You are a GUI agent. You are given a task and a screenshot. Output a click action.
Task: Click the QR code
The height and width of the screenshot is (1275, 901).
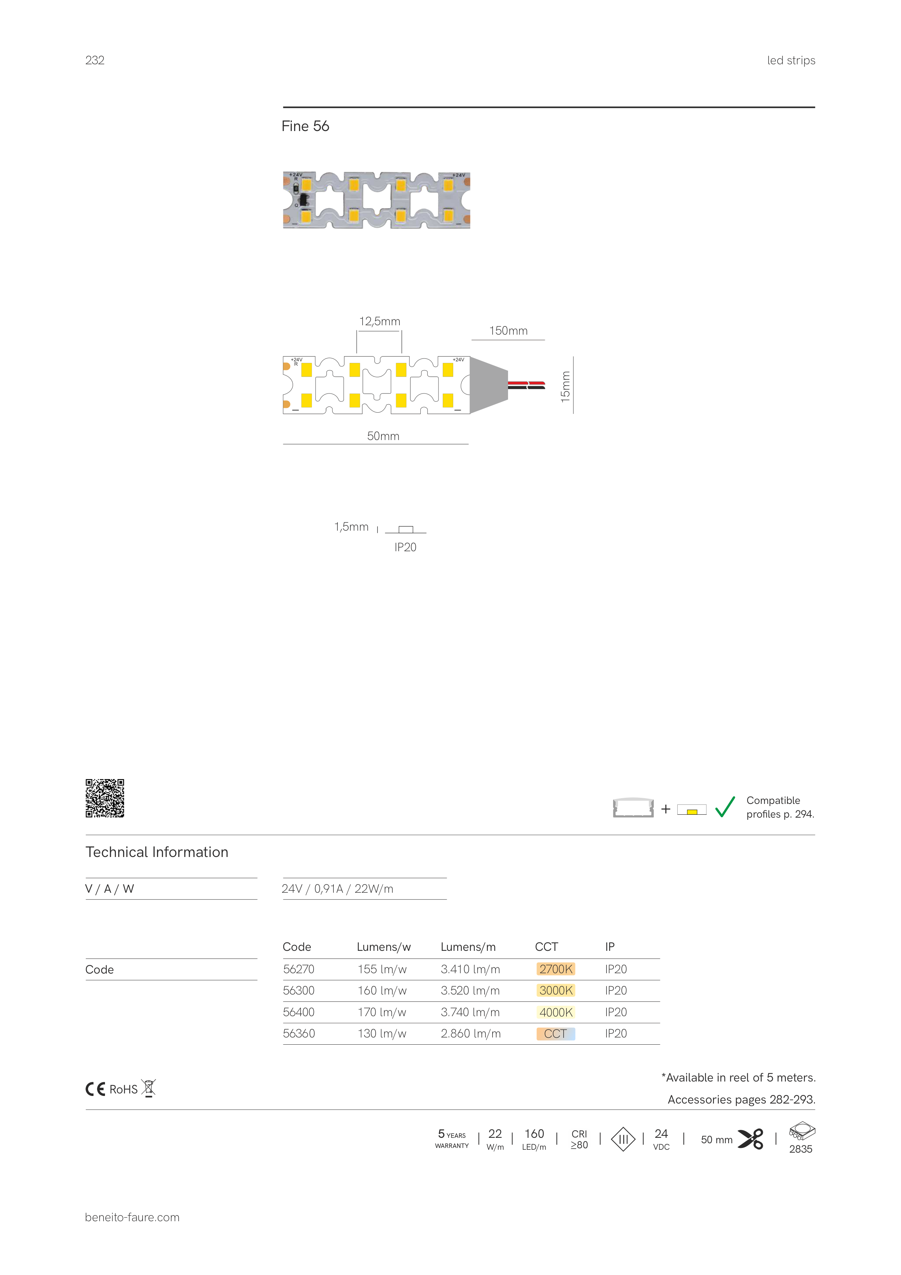pos(105,798)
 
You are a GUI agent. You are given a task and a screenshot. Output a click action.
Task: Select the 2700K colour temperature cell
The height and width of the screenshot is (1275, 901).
pos(556,969)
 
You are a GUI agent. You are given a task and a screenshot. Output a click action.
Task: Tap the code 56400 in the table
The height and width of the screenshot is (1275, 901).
pos(299,1012)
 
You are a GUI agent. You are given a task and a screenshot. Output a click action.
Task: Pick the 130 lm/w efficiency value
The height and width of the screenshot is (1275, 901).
pos(382,1034)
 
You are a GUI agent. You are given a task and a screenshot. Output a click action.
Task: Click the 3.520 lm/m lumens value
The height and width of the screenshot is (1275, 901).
pos(470,991)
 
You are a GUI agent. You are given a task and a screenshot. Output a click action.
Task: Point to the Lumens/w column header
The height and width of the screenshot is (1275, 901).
pos(384,947)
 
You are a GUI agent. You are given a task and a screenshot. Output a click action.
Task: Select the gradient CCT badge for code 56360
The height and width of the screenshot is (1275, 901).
pos(556,1034)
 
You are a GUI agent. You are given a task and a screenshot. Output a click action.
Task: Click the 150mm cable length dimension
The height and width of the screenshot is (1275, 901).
pos(508,331)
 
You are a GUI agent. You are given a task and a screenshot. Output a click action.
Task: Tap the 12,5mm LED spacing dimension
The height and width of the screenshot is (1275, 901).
pos(380,322)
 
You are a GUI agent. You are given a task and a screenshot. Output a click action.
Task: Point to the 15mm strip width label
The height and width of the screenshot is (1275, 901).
pos(565,387)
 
